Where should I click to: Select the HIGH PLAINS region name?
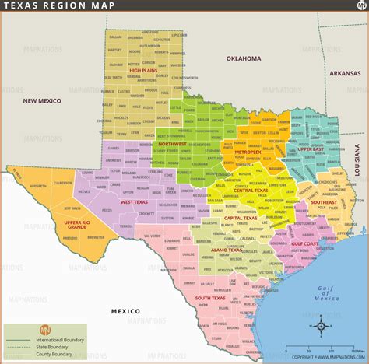coord(145,71)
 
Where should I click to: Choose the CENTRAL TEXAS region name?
coord(251,190)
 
